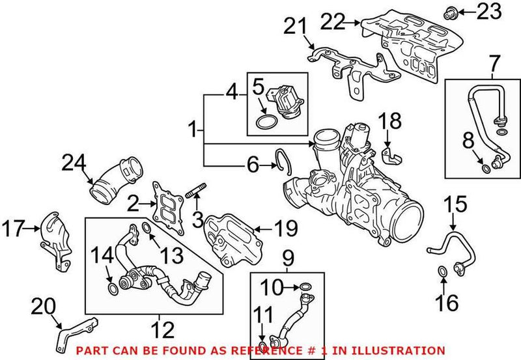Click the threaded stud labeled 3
(196, 193)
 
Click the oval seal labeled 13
(147, 228)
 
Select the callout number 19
(284, 228)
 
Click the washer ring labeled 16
(442, 271)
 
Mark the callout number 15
(456, 204)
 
